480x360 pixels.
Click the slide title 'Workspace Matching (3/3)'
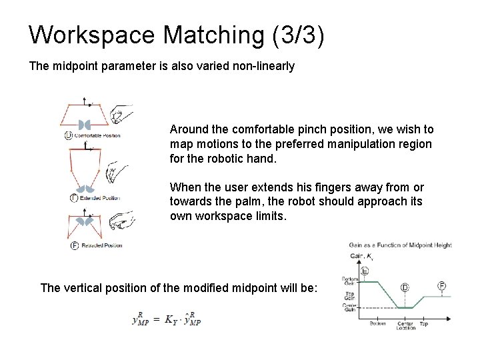click(177, 35)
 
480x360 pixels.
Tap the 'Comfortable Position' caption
click(97, 135)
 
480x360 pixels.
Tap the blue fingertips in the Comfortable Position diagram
click(85, 125)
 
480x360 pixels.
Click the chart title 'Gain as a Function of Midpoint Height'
click(400, 245)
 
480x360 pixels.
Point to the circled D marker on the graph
click(405, 287)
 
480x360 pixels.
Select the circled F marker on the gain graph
click(441, 285)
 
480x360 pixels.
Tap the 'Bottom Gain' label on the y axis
click(349, 281)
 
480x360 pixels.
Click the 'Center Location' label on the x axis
click(405, 325)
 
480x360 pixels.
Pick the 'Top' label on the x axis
click(423, 323)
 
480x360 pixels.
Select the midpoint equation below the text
click(167, 319)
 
